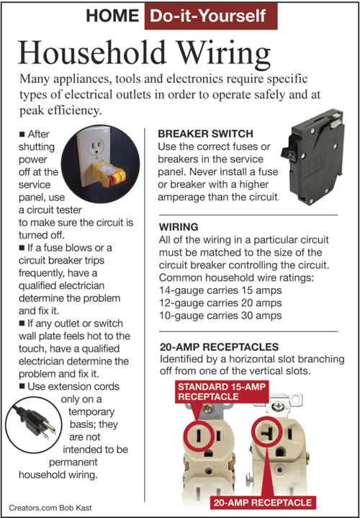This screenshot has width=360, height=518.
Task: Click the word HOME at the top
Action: tap(111, 16)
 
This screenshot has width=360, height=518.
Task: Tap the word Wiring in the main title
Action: tap(214, 54)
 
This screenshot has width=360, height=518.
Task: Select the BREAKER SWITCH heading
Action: tap(204, 133)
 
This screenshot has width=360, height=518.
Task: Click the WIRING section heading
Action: tap(179, 226)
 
